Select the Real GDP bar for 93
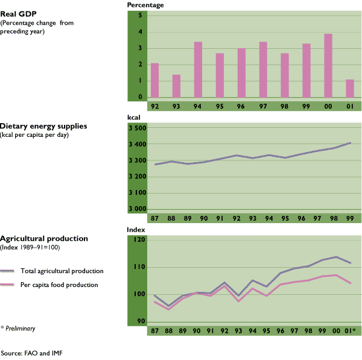pos(176,86)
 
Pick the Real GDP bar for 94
pos(198,69)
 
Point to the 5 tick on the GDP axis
pos(139,16)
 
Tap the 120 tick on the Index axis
pos(139,240)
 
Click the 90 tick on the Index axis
pos(140,321)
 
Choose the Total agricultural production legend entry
pos(62,271)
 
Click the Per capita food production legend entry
pos(59,285)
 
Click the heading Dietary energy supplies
pos(44,127)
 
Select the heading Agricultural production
pos(44,239)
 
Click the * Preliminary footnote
pos(17,329)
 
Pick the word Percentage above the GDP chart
pos(145,5)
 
